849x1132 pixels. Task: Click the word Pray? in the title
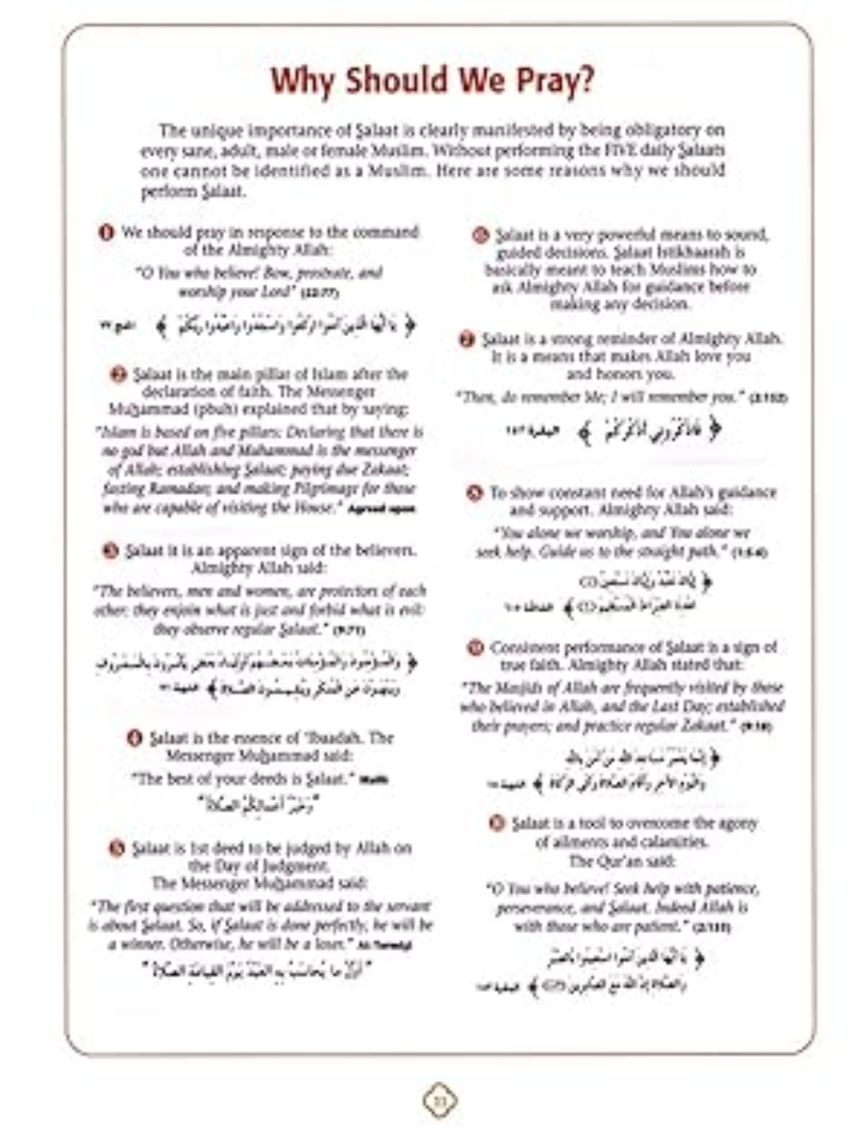550,81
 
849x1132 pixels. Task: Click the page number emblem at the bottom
439,1101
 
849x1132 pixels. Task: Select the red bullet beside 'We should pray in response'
106,233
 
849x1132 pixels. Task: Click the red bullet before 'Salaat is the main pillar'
119,375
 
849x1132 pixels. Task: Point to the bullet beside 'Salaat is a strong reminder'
466,340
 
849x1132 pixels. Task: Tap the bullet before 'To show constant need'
475,493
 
